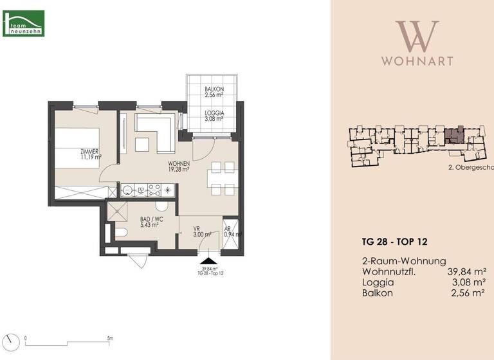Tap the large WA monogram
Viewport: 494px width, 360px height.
[x=417, y=37]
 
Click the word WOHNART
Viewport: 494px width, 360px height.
[x=417, y=61]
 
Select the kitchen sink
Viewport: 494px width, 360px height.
[x=129, y=190]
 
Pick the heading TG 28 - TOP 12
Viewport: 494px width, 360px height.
[x=394, y=242]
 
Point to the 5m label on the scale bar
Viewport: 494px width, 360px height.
[x=110, y=338]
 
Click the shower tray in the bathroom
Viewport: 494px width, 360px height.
[x=118, y=211]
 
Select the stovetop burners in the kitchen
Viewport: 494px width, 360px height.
[x=154, y=190]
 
